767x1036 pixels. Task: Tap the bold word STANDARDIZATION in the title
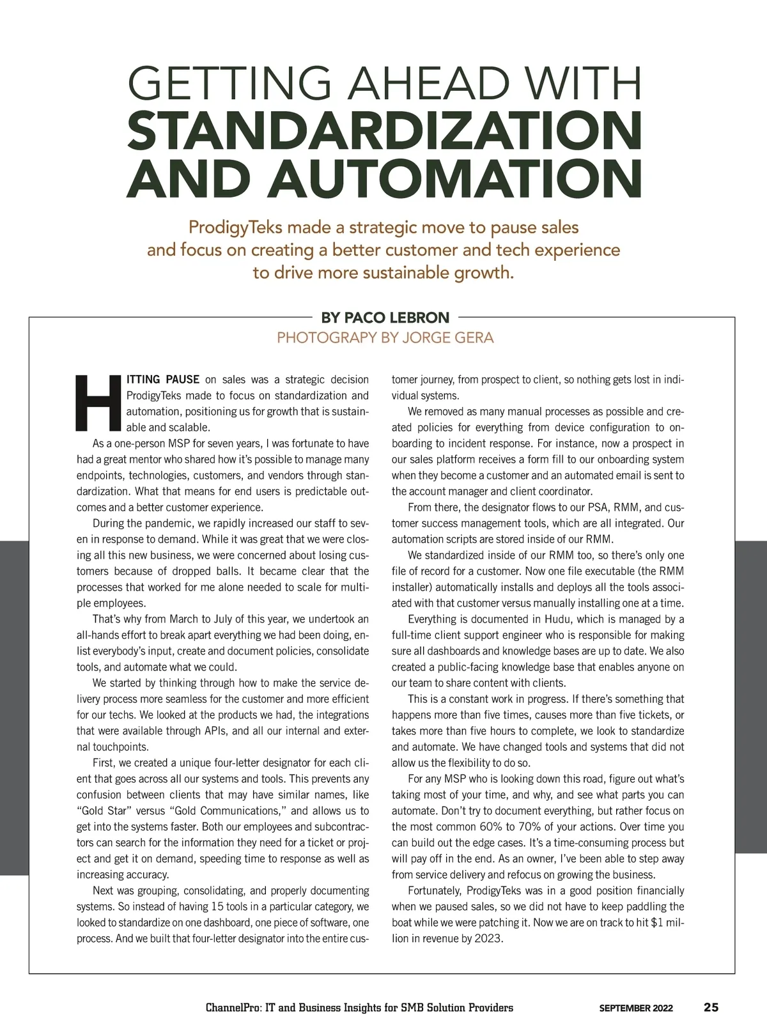tap(384, 130)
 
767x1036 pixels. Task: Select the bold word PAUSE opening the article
tap(182, 380)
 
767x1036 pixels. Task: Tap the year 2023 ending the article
tap(489, 939)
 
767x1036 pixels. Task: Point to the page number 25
tap(711, 1008)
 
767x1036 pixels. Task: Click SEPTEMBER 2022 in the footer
tap(635, 1009)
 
